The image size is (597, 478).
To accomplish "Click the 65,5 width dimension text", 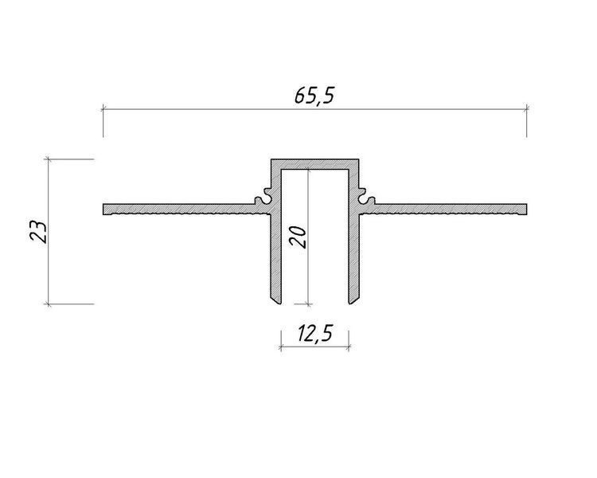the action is click(x=314, y=96).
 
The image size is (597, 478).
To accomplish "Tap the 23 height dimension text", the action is click(x=38, y=232).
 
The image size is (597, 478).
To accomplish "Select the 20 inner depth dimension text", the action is click(x=298, y=237).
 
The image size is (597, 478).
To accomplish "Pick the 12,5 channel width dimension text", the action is click(x=315, y=333).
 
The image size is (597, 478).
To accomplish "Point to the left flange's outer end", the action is click(x=103, y=210).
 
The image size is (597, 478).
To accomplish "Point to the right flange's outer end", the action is click(x=527, y=210).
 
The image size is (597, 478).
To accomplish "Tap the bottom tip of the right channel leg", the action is click(x=350, y=304).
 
